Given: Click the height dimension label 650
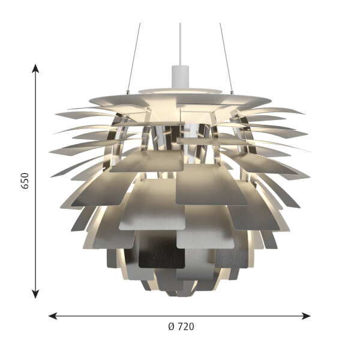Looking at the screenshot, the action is (x=25, y=181).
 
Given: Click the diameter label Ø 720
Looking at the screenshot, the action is (x=181, y=326).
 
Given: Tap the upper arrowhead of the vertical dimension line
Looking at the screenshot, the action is (x=35, y=68).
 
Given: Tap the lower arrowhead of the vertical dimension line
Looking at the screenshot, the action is (x=35, y=294).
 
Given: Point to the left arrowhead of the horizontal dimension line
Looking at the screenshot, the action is (x=53, y=316).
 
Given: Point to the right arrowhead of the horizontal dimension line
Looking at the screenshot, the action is (x=306, y=316).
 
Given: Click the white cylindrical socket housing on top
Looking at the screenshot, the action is (x=180, y=77).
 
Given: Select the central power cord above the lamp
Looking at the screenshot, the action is (x=180, y=44).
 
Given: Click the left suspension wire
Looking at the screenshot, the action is (x=134, y=58).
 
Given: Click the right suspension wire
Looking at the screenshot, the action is (x=226, y=58).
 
